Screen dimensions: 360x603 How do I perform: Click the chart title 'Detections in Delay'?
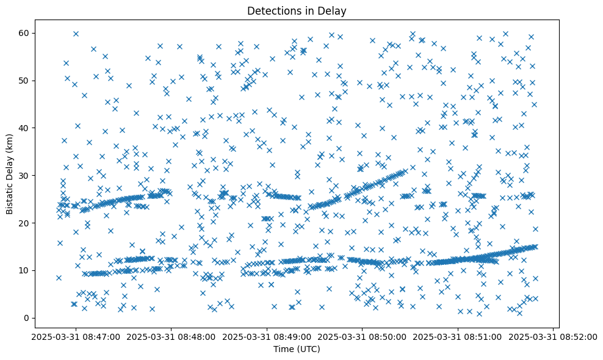pyautogui.click(x=297, y=10)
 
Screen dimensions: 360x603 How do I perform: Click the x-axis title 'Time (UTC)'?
pyautogui.click(x=297, y=349)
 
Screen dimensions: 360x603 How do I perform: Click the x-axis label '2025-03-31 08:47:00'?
pyautogui.click(x=76, y=337)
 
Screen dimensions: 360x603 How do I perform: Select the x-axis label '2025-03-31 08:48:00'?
pyautogui.click(x=172, y=337)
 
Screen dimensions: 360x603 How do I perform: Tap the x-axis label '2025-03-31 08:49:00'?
pyautogui.click(x=267, y=337)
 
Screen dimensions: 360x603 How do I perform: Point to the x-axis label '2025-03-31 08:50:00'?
pyautogui.click(x=363, y=337)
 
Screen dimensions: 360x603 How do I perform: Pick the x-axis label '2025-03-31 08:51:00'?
pyautogui.click(x=458, y=337)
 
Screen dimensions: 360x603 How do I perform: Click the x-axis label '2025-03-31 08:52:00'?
pyautogui.click(x=554, y=337)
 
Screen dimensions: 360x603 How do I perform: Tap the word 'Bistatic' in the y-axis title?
pyautogui.click(x=10, y=198)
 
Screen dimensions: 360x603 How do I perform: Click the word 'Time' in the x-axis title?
pyautogui.click(x=284, y=349)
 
